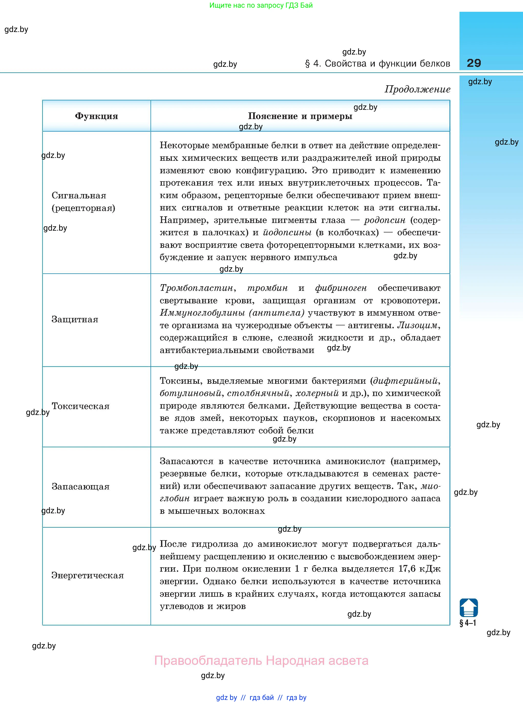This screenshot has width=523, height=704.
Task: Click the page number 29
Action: tap(474, 63)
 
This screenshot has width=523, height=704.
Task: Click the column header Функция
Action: tap(96, 116)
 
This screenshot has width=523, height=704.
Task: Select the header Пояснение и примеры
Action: tap(300, 116)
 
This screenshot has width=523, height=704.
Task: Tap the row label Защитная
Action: tap(75, 319)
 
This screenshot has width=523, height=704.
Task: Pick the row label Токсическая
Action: tap(80, 406)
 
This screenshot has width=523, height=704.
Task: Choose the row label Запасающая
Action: tap(80, 487)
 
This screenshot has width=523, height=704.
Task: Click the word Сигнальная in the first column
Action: tap(79, 196)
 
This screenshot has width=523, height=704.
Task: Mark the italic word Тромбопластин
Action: tap(196, 288)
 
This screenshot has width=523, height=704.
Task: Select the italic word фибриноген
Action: tap(341, 288)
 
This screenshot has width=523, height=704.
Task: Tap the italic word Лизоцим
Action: tap(418, 325)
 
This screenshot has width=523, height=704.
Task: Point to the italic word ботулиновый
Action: tap(190, 393)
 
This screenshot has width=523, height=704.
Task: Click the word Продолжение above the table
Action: tap(417, 90)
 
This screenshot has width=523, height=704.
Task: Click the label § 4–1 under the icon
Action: tap(468, 623)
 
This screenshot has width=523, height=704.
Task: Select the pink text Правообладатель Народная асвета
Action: tap(261, 661)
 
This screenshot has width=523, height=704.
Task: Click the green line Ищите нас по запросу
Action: tap(261, 5)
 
